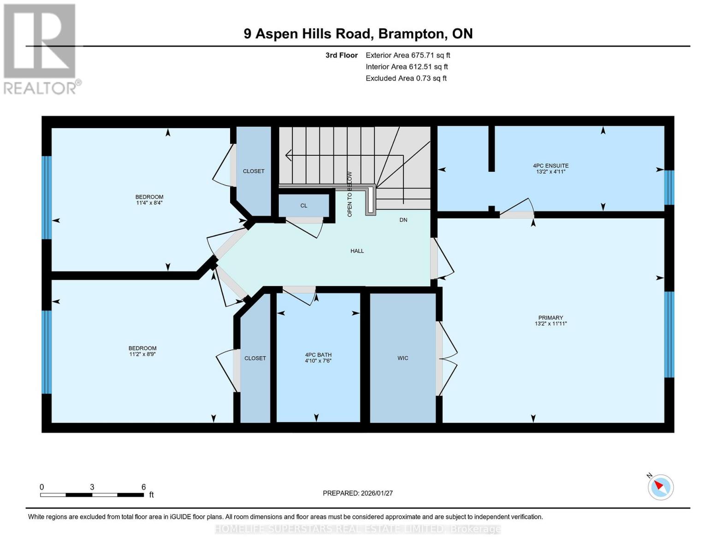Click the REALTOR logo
pyautogui.click(x=41, y=48)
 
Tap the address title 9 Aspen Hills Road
pyautogui.click(x=358, y=34)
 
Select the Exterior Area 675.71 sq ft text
pyautogui.click(x=408, y=55)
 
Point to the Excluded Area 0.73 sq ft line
pyautogui.click(x=406, y=78)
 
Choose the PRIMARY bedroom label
pyautogui.click(x=550, y=318)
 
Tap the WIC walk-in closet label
pyautogui.click(x=402, y=358)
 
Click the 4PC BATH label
pyautogui.click(x=318, y=355)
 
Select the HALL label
pyautogui.click(x=357, y=251)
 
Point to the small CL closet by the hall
pyautogui.click(x=303, y=206)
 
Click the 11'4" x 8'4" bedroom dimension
pyautogui.click(x=149, y=203)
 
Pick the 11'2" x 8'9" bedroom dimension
pyautogui.click(x=142, y=354)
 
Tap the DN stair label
pyautogui.click(x=403, y=220)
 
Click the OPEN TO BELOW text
pyautogui.click(x=349, y=194)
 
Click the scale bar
pyautogui.click(x=92, y=494)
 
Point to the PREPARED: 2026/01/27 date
pyautogui.click(x=357, y=493)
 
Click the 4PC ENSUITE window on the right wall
pyautogui.click(x=669, y=187)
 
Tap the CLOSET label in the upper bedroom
pyautogui.click(x=254, y=171)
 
